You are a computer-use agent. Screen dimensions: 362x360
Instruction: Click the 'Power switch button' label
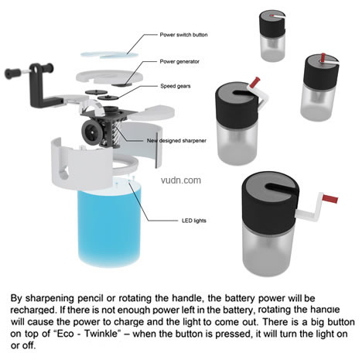pos(183,35)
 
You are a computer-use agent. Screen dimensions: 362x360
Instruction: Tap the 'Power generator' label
pos(179,61)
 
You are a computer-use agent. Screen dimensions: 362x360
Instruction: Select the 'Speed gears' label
pos(176,86)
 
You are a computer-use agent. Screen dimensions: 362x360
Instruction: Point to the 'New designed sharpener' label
pos(176,141)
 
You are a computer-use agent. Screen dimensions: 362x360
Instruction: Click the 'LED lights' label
pos(194,221)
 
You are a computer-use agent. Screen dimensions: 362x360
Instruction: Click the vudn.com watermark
pos(181,180)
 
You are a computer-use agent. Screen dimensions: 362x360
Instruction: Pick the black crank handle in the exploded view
pos(36,83)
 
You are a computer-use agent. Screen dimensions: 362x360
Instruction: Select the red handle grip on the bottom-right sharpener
pos(330,199)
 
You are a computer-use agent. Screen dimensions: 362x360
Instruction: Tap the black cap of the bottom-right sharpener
pos(270,203)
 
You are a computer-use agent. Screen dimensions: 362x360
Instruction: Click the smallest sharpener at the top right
pos(272,36)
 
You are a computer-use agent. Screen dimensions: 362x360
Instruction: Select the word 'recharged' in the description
pos(32,310)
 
